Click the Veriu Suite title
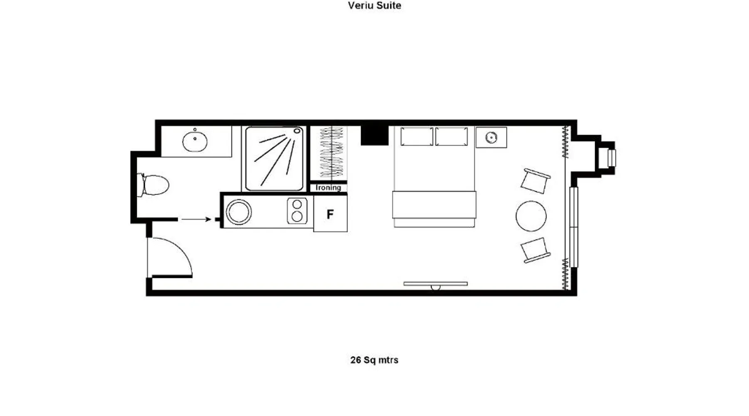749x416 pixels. (x=374, y=5)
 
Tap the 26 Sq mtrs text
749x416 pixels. (x=374, y=360)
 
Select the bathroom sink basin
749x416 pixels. (x=195, y=141)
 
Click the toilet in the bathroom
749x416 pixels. (x=153, y=185)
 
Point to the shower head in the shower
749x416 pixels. (x=297, y=131)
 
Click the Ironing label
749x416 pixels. (x=328, y=188)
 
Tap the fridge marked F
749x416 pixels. (x=330, y=214)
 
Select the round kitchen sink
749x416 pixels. (x=238, y=212)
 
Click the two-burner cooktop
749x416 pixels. (x=297, y=211)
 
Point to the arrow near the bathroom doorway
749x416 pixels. (x=196, y=219)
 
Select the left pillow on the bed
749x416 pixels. (x=417, y=136)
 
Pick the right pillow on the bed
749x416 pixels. (x=451, y=136)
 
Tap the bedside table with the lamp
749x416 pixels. (x=491, y=137)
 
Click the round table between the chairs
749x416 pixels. (x=531, y=216)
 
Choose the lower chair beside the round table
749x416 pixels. (x=535, y=250)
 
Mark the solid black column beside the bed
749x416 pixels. (x=374, y=135)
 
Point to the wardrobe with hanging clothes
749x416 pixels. (x=331, y=153)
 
